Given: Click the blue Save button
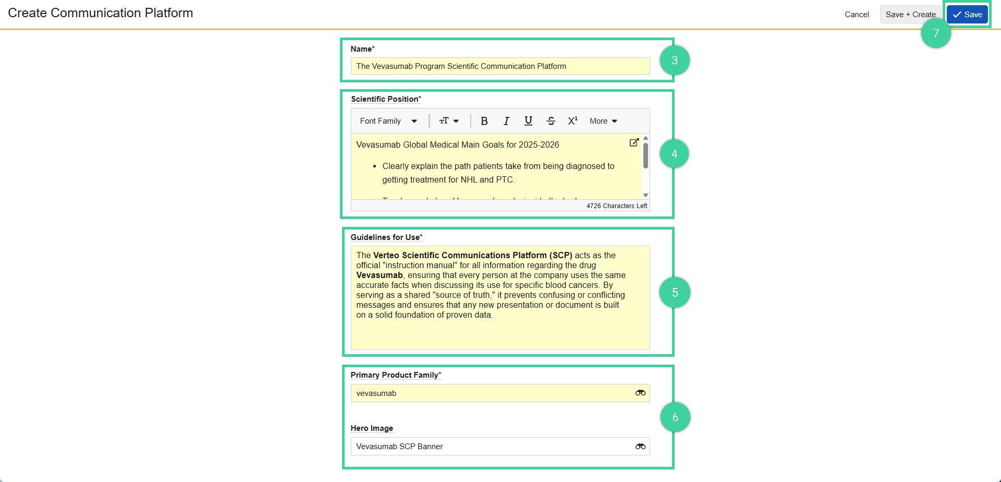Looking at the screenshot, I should [x=967, y=15].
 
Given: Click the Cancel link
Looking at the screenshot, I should [x=857, y=15].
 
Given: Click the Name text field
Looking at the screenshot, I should [x=499, y=66].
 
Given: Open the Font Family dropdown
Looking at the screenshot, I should [x=388, y=121].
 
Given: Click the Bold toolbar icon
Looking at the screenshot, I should [x=484, y=121].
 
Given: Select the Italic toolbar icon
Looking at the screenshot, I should [x=506, y=121].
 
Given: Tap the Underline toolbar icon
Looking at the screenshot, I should [x=528, y=121].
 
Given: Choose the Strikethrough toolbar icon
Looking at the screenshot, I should [x=551, y=121].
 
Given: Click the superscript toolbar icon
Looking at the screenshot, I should [x=572, y=121].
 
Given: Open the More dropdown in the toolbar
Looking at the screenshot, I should [x=603, y=121].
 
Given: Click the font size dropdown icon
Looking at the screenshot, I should [x=449, y=121].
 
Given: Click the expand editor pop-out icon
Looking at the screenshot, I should [x=634, y=142].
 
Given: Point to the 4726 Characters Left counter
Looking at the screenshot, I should [x=616, y=206].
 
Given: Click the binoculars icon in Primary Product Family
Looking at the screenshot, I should [x=640, y=393].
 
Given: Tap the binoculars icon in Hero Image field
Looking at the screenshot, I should [x=640, y=447].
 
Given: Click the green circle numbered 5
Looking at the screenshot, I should [x=675, y=293].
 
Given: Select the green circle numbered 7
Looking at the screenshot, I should [x=936, y=33].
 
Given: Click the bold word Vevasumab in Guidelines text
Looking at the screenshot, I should [x=380, y=275].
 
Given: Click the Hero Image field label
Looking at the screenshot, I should [x=372, y=428].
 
